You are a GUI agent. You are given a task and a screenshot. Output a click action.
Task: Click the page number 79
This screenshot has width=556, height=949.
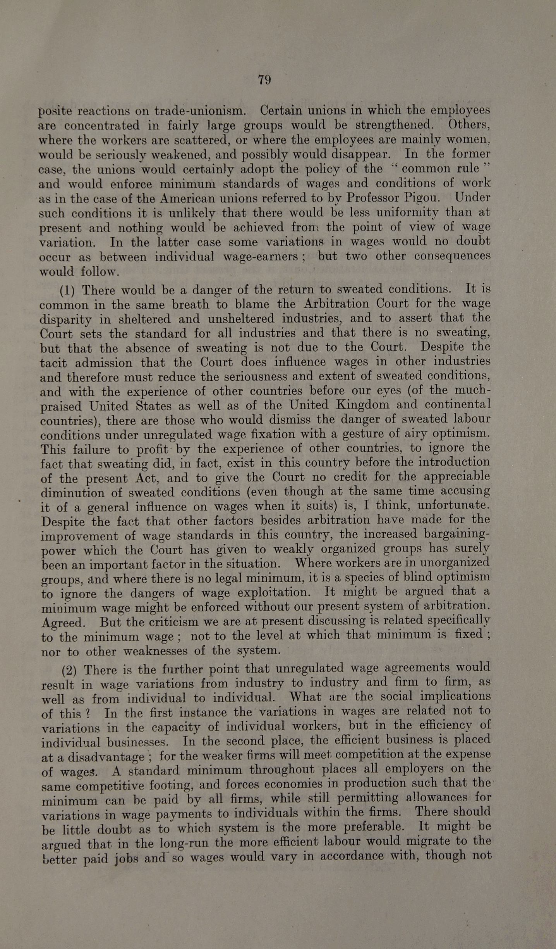point(264,80)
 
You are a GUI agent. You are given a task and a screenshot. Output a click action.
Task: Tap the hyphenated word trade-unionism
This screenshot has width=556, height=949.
point(200,111)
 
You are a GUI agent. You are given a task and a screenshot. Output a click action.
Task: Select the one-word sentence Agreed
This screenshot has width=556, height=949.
point(62,623)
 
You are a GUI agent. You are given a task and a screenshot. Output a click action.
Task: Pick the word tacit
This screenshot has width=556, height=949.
point(53,363)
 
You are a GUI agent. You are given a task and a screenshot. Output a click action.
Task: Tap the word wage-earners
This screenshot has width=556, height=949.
point(261,257)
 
